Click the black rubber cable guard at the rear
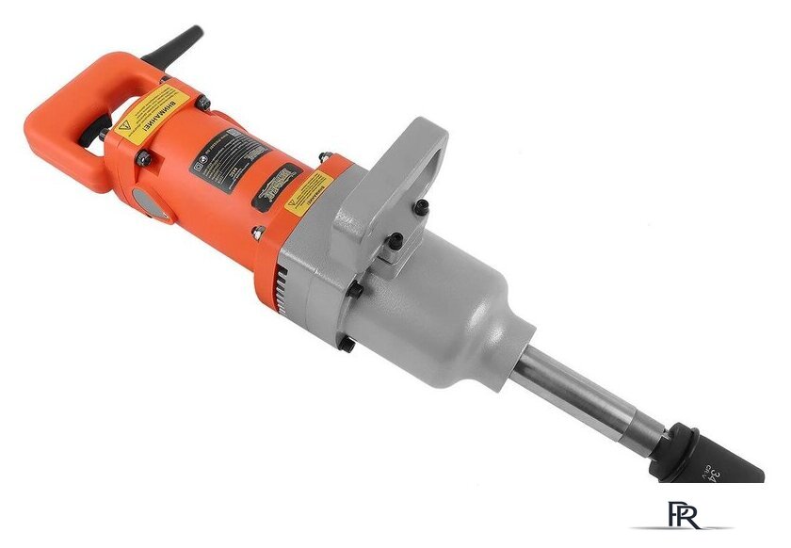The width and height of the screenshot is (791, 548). [179, 42]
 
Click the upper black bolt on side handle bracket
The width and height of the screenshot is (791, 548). [423, 204]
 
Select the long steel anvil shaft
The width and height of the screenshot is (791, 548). [593, 395]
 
